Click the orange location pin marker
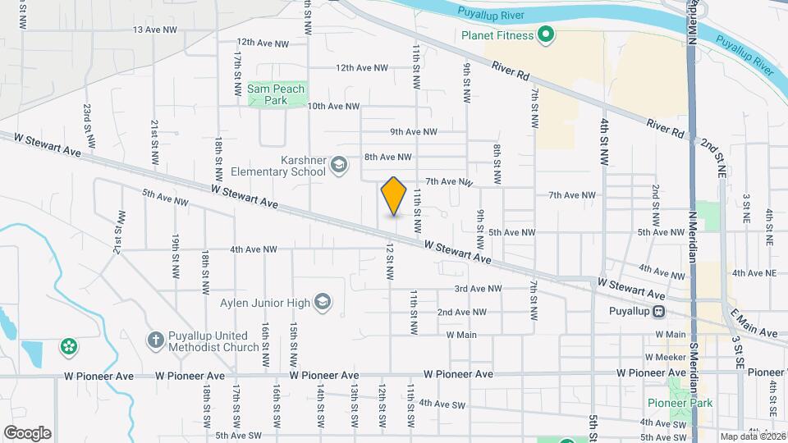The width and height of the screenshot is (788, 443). click(x=394, y=195)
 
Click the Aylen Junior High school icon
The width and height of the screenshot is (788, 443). click(x=323, y=303)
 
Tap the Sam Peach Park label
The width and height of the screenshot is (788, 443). click(x=276, y=94)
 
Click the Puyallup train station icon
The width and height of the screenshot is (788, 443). click(x=658, y=312)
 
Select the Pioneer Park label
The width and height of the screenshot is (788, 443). click(x=680, y=403)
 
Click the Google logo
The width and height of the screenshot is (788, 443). click(x=26, y=432)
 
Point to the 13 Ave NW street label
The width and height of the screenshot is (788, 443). click(x=155, y=30)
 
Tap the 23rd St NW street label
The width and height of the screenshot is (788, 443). click(x=87, y=119)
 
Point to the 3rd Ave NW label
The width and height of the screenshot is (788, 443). click(x=479, y=289)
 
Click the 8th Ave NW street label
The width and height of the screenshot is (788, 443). click(x=387, y=157)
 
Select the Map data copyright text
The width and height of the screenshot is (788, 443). click(x=754, y=436)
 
